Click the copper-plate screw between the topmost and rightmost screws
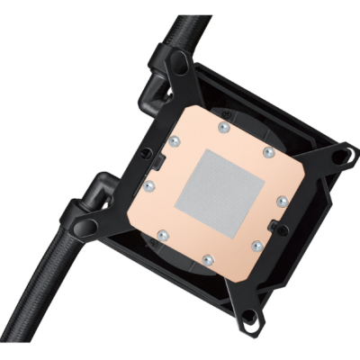pyautogui.click(x=267, y=152)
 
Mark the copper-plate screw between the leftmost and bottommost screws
pyautogui.click(x=163, y=237)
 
